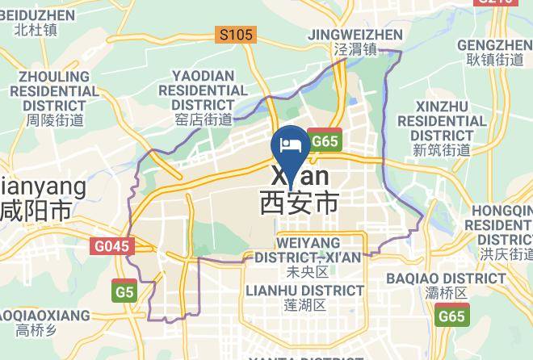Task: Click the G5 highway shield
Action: (124, 292)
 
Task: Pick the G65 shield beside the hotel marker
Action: (325, 141)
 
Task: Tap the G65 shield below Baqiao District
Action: (452, 316)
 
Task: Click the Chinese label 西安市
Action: (299, 202)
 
